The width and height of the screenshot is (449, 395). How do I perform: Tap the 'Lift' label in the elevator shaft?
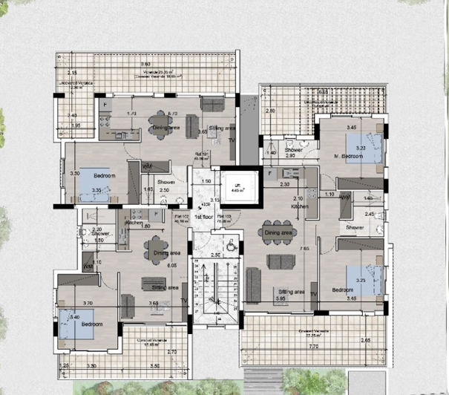click(x=237, y=186)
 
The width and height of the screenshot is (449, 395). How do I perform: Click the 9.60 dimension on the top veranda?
click(x=146, y=64)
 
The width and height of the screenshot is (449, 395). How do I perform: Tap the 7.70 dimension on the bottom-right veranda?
click(x=313, y=346)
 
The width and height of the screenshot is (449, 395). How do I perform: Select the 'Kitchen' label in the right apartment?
click(x=300, y=207)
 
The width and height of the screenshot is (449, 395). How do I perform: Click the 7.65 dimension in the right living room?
click(x=304, y=249)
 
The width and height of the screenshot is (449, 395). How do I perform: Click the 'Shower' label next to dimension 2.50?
click(x=165, y=181)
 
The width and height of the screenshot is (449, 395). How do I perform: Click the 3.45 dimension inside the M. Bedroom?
click(x=353, y=128)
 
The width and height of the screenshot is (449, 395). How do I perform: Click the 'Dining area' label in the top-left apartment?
click(x=167, y=128)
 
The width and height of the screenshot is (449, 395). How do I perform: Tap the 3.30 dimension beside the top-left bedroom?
click(x=74, y=173)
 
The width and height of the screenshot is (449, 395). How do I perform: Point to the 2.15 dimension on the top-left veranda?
click(x=72, y=72)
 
